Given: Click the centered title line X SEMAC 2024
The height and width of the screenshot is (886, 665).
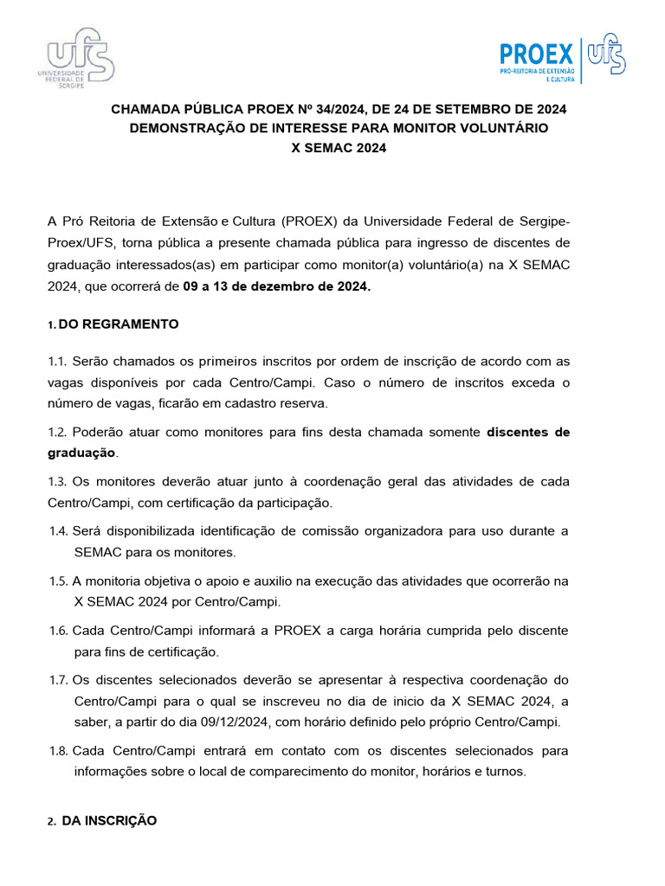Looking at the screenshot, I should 339,147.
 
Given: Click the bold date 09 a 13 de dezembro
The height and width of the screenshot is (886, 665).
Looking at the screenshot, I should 276,286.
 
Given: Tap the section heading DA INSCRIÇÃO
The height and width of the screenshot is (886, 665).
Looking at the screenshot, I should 109,820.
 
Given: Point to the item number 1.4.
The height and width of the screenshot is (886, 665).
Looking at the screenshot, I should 60,530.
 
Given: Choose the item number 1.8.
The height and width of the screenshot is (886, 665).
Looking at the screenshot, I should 60,750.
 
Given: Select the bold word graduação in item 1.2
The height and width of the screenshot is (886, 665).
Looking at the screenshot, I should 81,453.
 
